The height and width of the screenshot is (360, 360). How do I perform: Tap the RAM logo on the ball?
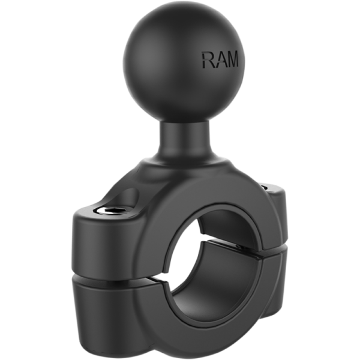pyautogui.click(x=220, y=60)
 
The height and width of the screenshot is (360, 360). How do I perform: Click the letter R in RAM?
pyautogui.click(x=208, y=60)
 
